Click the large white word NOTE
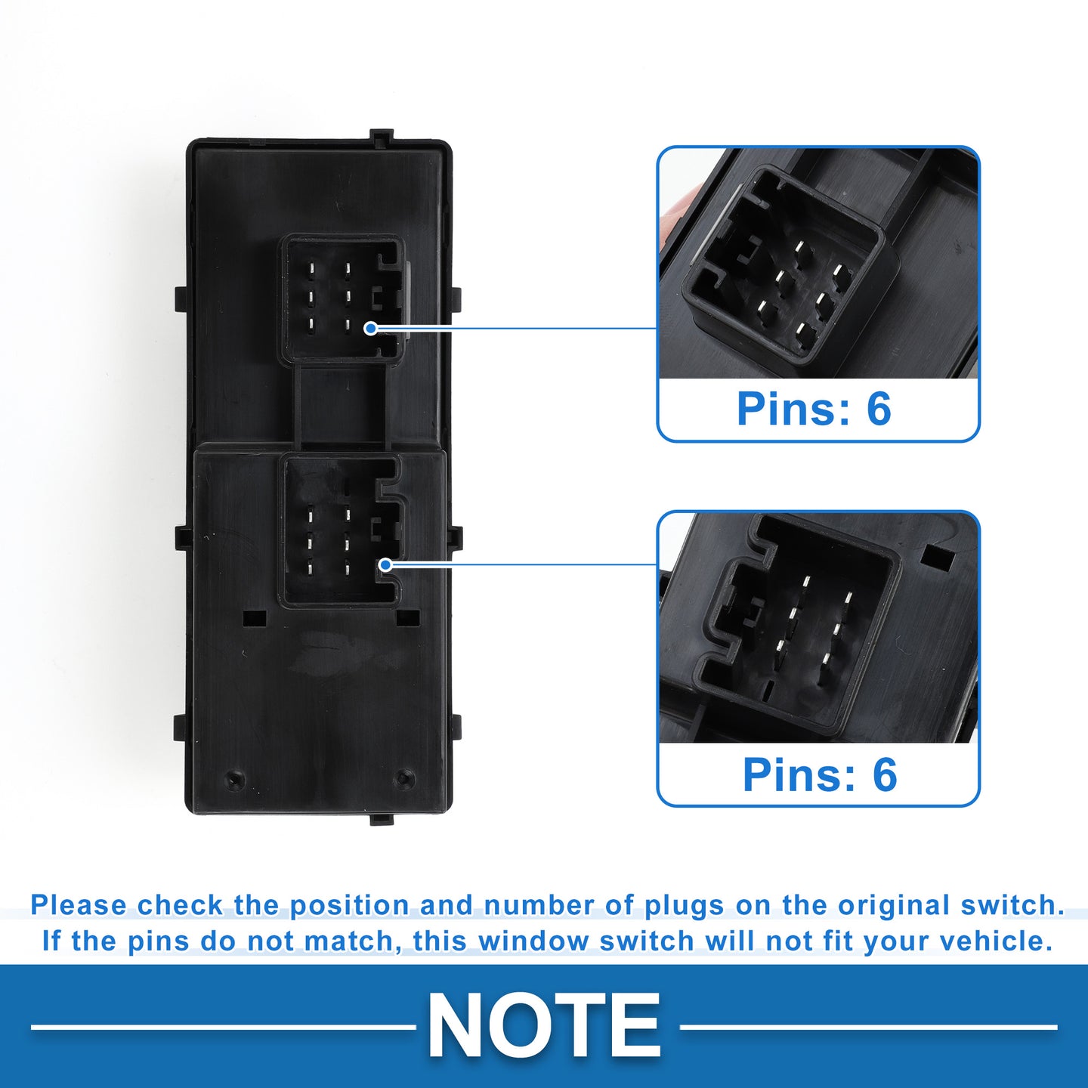click(543, 1026)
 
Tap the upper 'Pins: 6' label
click(814, 408)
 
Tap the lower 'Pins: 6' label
click(820, 774)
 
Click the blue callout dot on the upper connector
click(370, 328)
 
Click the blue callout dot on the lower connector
click(385, 564)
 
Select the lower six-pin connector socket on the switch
click(342, 531)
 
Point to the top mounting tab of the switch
click(381, 136)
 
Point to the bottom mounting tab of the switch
click(381, 819)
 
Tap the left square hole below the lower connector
click(255, 618)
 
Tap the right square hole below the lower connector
click(408, 618)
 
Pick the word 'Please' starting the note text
click(79, 906)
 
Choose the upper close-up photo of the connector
click(818, 263)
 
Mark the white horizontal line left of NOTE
click(224, 1028)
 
